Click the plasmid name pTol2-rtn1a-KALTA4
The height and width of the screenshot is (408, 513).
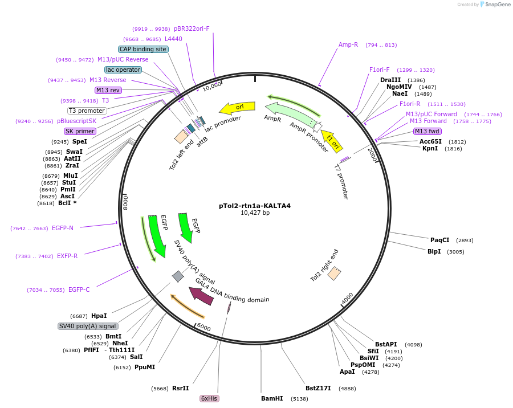(x=255, y=206)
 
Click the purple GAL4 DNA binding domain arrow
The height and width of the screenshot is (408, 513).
(x=201, y=295)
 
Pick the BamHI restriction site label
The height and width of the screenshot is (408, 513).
(x=272, y=398)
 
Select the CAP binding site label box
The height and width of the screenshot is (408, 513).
(x=143, y=49)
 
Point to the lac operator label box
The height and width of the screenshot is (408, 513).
(x=123, y=70)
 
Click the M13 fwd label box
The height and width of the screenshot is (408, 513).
(x=427, y=131)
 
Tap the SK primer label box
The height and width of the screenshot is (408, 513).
(x=80, y=131)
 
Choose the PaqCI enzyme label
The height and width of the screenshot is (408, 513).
(x=439, y=240)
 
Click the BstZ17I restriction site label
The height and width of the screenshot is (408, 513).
(x=318, y=388)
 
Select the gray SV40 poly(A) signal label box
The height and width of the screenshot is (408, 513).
(x=88, y=326)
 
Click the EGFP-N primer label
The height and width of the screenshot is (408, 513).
(x=62, y=228)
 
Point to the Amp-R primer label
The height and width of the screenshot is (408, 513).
(x=348, y=44)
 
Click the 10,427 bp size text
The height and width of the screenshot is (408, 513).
(x=255, y=213)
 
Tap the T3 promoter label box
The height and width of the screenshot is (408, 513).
(x=87, y=111)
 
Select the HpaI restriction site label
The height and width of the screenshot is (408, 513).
(x=99, y=316)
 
